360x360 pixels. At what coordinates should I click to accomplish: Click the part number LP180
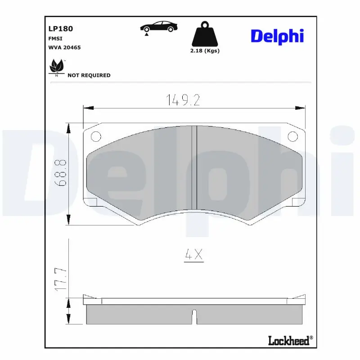[x=60, y=28]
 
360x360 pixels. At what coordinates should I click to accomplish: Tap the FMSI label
[x=55, y=39]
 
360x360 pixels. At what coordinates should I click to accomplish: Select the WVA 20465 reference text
[x=64, y=47]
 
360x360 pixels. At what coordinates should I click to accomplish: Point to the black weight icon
[x=205, y=33]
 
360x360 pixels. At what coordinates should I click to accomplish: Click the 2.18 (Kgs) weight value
[x=204, y=50]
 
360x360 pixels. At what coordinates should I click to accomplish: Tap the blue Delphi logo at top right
[x=277, y=36]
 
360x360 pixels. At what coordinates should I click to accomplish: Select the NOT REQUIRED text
[x=89, y=75]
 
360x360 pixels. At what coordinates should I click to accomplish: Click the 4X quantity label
[x=194, y=255]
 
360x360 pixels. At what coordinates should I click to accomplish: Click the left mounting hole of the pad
[x=95, y=136]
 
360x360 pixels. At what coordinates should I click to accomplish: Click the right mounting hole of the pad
[x=292, y=136]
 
